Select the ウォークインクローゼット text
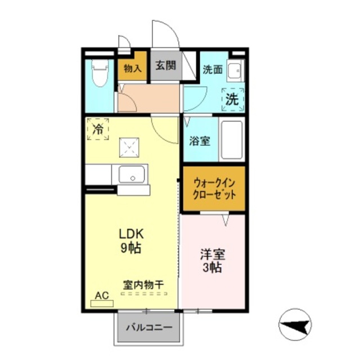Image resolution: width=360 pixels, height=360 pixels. pos(214,188)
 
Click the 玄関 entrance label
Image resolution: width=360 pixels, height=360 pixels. pos(166,65)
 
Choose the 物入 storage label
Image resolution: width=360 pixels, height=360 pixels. pos(132,67)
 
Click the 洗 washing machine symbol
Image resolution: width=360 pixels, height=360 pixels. pos(232,99)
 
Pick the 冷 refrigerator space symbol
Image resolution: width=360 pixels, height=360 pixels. pos(98,129)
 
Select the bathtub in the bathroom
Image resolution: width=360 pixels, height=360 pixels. pos(231,141)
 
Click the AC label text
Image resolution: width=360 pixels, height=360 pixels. pos(101,295)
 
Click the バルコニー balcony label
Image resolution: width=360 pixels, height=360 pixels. pos(148,327)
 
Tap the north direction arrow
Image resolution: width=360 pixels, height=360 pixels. pos(296,326)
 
